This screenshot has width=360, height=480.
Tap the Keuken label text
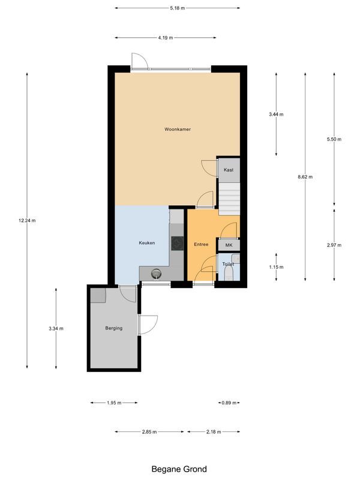(x=147, y=243)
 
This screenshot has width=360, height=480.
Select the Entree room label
(x=201, y=244)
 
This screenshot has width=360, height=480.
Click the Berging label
(x=114, y=328)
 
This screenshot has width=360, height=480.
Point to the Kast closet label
(x=228, y=170)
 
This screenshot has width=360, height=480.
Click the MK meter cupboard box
(x=229, y=245)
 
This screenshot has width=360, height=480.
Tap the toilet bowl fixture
(x=229, y=273)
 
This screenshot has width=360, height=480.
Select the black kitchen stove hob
(x=178, y=243)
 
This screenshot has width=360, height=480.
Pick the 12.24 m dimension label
(x=27, y=221)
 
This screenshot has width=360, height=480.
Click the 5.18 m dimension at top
(x=177, y=8)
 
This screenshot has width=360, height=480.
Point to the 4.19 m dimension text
(x=166, y=37)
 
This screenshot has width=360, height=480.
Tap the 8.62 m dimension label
(x=305, y=177)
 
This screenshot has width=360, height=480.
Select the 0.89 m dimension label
(x=228, y=403)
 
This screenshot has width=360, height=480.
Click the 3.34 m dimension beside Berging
(x=56, y=328)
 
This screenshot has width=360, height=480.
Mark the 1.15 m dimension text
(x=276, y=267)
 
